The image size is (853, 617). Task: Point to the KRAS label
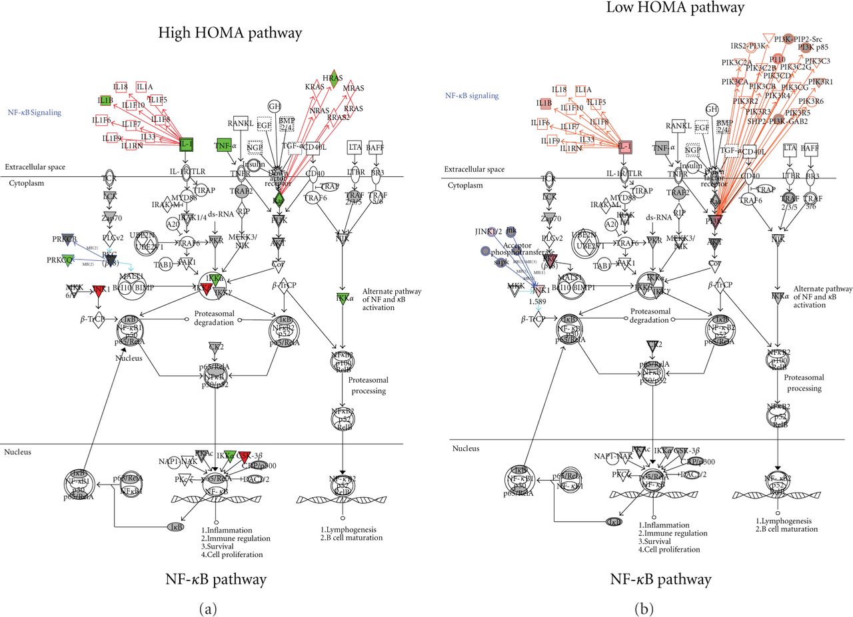(x=315, y=87)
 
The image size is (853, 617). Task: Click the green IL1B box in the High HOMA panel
(x=105, y=101)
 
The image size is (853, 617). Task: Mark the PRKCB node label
(x=65, y=239)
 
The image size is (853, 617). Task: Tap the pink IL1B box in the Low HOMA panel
(x=544, y=104)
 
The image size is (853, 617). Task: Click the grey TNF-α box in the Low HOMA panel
(x=660, y=148)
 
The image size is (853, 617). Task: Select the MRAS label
(x=354, y=88)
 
